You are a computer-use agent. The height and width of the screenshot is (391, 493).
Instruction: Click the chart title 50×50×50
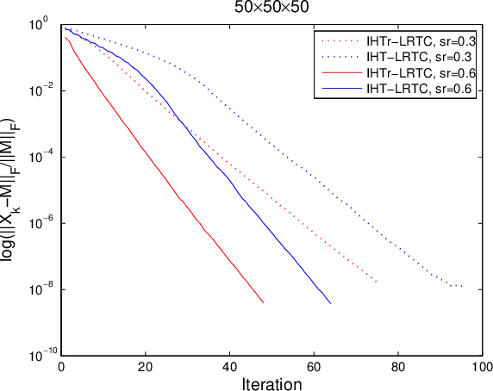[271, 7]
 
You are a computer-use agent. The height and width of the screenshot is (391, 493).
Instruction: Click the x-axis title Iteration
[271, 382]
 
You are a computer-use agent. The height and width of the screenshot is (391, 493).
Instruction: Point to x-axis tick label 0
[60, 365]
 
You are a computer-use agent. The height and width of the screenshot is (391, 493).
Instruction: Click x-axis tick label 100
[481, 365]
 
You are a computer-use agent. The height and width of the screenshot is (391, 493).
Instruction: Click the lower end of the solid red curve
[263, 302]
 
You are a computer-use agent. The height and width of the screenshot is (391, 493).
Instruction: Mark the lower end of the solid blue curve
[330, 303]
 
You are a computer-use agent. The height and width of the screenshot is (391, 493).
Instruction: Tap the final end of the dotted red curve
[377, 282]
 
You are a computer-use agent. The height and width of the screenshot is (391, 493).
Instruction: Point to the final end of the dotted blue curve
[462, 286]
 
